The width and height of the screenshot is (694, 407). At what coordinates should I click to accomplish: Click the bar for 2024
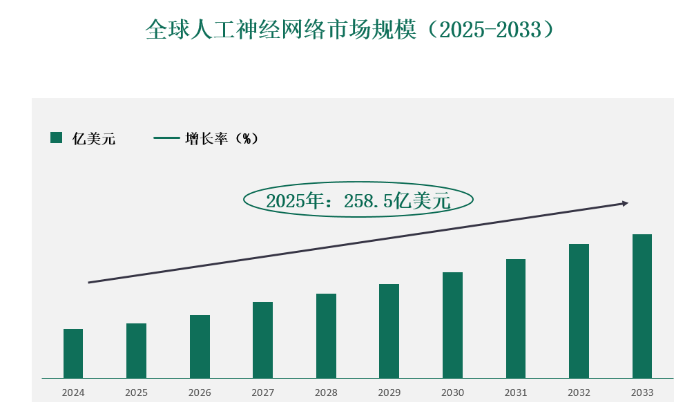[x=73, y=353]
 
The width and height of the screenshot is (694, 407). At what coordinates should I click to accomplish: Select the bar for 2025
[x=136, y=350]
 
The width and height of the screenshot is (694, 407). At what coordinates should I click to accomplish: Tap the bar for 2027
[x=262, y=340]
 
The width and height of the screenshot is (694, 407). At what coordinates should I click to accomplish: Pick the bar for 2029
[x=389, y=331]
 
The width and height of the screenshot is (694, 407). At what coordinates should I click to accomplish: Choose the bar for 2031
[x=516, y=319]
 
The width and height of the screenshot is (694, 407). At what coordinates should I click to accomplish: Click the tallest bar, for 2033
[x=642, y=306]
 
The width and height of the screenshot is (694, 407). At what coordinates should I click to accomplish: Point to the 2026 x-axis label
[x=200, y=393]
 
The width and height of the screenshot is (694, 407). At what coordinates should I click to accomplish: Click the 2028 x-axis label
[x=326, y=393]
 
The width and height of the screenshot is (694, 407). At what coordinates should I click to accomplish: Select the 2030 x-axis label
[x=453, y=393]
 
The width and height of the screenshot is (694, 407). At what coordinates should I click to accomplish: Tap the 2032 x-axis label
[x=579, y=393]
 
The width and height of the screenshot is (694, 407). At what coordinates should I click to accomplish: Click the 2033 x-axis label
[x=642, y=393]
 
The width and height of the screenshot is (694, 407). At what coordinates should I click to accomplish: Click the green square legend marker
[x=57, y=138]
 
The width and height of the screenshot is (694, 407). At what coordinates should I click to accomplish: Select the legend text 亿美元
[x=94, y=139]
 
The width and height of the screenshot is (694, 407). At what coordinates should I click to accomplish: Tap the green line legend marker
[x=166, y=138]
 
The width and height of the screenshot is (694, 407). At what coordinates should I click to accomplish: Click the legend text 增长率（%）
[x=221, y=139]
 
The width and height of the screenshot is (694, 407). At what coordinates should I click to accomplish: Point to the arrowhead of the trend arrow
[x=625, y=203]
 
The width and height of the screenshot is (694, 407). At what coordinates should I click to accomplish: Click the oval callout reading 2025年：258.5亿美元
[x=358, y=200]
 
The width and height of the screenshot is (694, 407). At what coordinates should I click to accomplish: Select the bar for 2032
[x=579, y=311]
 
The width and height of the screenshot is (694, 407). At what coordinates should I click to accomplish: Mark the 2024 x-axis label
[x=73, y=393]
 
